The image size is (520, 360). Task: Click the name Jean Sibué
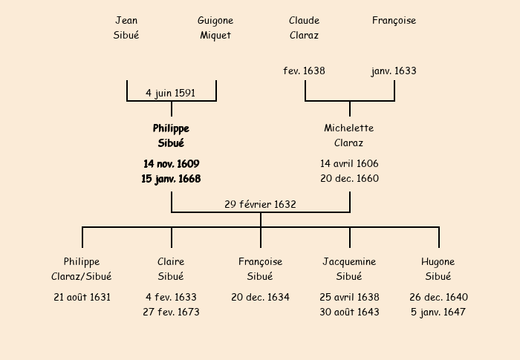pos(126,27)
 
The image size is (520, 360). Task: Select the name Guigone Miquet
pos(215,27)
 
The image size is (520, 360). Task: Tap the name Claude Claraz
pos(304,27)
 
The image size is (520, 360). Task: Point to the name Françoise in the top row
pos(394,21)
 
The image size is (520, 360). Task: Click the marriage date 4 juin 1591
pos(171,93)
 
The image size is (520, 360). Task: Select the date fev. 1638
pos(304,71)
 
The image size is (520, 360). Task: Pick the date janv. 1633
pos(394,71)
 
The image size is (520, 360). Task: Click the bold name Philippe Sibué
pos(171,136)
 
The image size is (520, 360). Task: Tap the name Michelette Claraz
pos(349,136)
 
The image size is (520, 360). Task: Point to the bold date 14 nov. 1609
pos(171,163)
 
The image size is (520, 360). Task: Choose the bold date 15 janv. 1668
pos(171,178)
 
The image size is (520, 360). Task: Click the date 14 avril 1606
pos(349,163)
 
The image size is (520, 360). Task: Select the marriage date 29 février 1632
pos(260,204)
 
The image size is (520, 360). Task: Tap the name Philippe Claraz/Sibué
pos(82,269)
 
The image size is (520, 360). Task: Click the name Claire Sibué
pos(171,269)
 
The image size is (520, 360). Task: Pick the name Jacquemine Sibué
pos(349,269)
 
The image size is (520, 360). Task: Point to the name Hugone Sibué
pos(438,269)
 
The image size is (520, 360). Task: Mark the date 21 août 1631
pos(82,297)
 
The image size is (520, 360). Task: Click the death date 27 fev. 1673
pos(171,312)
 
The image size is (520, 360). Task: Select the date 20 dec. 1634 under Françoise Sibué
pos(260,297)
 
